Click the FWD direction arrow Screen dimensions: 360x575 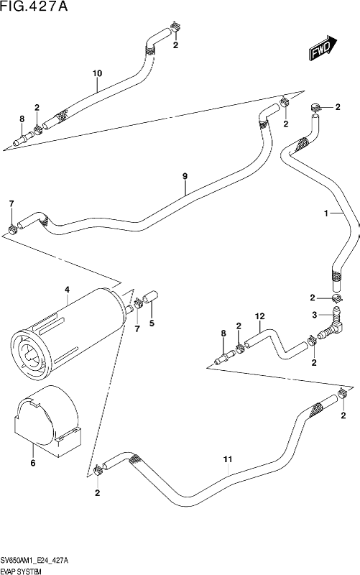323,48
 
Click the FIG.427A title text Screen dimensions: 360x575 34,6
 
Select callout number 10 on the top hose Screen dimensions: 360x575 97,73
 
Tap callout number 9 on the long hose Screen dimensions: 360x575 185,176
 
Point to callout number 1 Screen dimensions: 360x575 326,213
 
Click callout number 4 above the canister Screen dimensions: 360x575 67,290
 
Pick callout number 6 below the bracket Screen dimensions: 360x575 33,463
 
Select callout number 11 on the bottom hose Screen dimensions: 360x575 228,459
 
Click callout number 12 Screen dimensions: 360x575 260,316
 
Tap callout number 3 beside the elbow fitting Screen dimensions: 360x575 314,315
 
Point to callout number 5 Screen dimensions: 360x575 152,323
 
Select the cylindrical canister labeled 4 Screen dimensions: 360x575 68,332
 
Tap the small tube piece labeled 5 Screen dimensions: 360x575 150,296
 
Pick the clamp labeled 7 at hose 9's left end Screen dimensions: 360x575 13,229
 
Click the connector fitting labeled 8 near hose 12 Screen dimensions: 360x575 225,356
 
